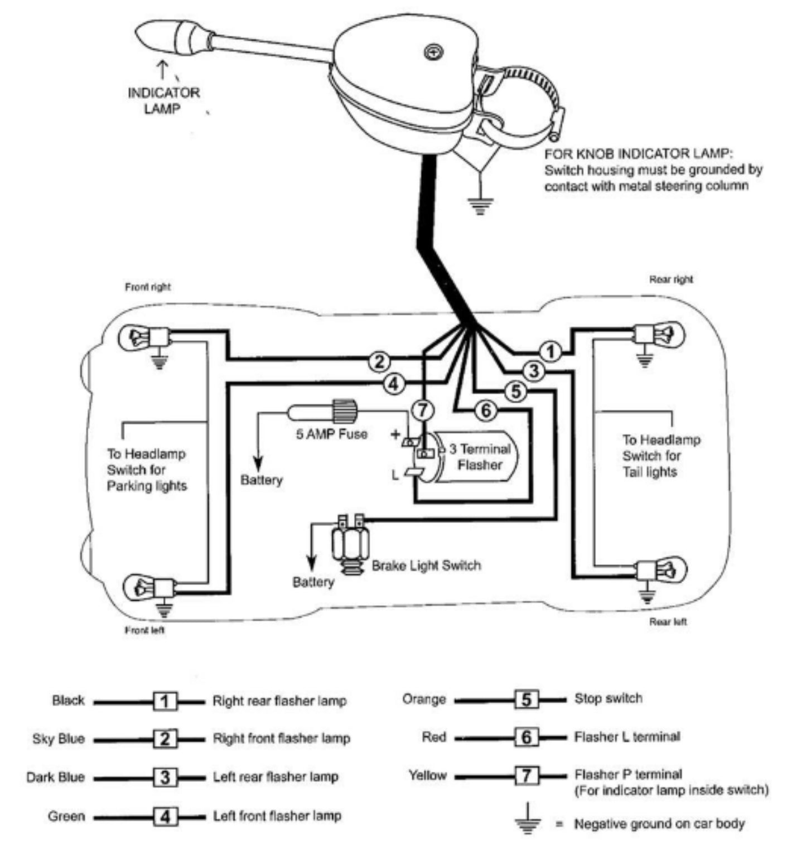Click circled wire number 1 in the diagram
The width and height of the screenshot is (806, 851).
pyautogui.click(x=551, y=351)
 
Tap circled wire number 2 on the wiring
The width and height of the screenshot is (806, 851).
pyautogui.click(x=379, y=361)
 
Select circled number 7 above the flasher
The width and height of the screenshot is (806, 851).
pyautogui.click(x=422, y=410)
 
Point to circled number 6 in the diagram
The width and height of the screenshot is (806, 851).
pyautogui.click(x=486, y=411)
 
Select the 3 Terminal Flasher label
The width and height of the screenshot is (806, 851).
pyautogui.click(x=480, y=457)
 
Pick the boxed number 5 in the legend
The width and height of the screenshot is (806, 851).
pyautogui.click(x=526, y=699)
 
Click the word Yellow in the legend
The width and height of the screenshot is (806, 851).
pyautogui.click(x=427, y=775)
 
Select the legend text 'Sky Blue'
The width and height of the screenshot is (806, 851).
pyautogui.click(x=59, y=739)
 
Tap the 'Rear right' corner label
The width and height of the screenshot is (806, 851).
pyautogui.click(x=670, y=279)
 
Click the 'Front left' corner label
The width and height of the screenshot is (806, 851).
pyautogui.click(x=144, y=630)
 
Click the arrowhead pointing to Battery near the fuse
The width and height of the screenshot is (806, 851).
pyautogui.click(x=258, y=463)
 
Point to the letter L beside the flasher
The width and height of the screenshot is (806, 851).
pyautogui.click(x=395, y=476)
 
